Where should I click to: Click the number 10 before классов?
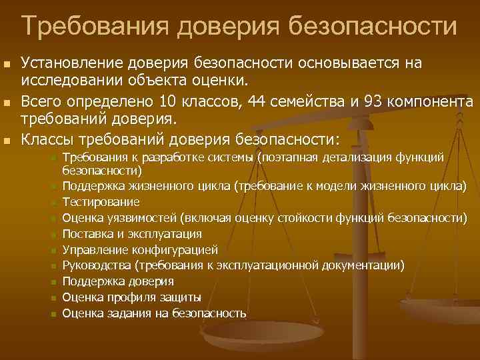click(167, 101)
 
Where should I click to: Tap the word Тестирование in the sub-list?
click(101, 201)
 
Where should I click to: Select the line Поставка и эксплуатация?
click(132, 233)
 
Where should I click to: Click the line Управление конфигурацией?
click(140, 250)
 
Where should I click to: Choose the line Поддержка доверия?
click(118, 281)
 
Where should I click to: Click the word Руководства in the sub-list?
click(96, 265)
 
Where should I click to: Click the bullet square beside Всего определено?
click(7, 103)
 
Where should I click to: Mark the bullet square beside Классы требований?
click(7, 141)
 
